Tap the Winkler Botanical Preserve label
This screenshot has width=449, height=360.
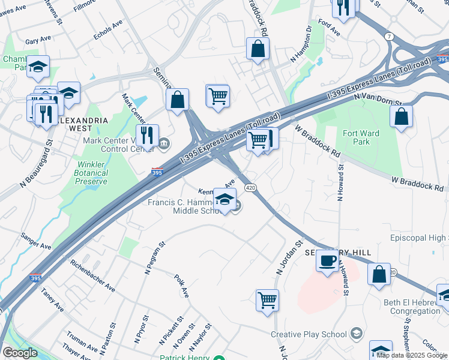[x=92, y=173]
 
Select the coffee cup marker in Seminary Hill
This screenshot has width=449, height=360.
[x=327, y=262]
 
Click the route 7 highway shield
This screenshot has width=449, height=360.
[x=390, y=36]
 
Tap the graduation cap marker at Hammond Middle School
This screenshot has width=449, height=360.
[x=224, y=200]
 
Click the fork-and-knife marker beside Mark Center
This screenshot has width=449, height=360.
[x=147, y=136]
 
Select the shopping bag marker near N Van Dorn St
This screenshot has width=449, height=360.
[x=401, y=116]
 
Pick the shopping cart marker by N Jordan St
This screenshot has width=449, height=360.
[x=267, y=300]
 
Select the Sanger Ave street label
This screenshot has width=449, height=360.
[x=36, y=241]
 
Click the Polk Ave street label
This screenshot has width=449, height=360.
[x=181, y=286]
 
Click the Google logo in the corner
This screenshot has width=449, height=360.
[x=20, y=353]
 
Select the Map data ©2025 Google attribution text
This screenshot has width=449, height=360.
[x=412, y=355]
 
